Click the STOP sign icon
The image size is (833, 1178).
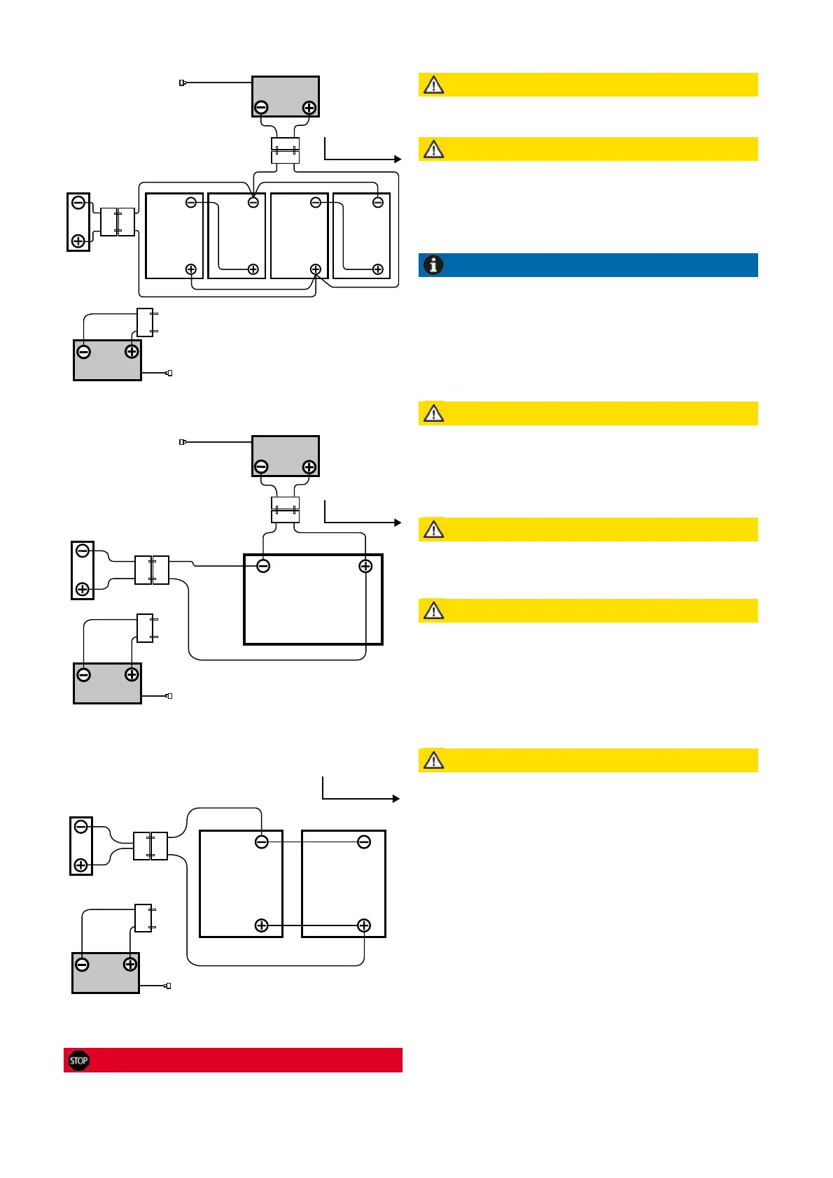(79, 1060)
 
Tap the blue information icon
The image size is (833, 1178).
(434, 265)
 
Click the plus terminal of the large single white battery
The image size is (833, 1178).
(365, 566)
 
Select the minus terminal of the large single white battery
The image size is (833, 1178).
(263, 566)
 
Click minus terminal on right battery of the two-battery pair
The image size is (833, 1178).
(364, 842)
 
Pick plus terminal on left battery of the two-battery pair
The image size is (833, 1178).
(262, 925)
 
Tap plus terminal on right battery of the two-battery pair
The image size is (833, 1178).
(364, 925)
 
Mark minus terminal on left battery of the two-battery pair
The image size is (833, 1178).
(262, 842)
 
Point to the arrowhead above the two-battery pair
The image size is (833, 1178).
(396, 799)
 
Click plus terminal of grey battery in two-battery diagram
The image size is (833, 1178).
(130, 965)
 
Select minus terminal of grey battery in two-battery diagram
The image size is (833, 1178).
(82, 965)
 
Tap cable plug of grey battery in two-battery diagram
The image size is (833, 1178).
(167, 986)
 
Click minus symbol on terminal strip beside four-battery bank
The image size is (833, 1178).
(78, 203)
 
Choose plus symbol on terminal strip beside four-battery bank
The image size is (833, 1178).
(78, 241)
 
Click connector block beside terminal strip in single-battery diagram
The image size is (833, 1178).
(152, 570)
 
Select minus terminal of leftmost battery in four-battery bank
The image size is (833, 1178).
(191, 202)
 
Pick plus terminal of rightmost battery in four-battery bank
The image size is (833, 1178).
(378, 269)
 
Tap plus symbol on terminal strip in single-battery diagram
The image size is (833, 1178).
(83, 589)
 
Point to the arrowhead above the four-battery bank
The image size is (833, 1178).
(398, 159)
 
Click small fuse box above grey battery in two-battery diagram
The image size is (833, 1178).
(143, 918)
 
